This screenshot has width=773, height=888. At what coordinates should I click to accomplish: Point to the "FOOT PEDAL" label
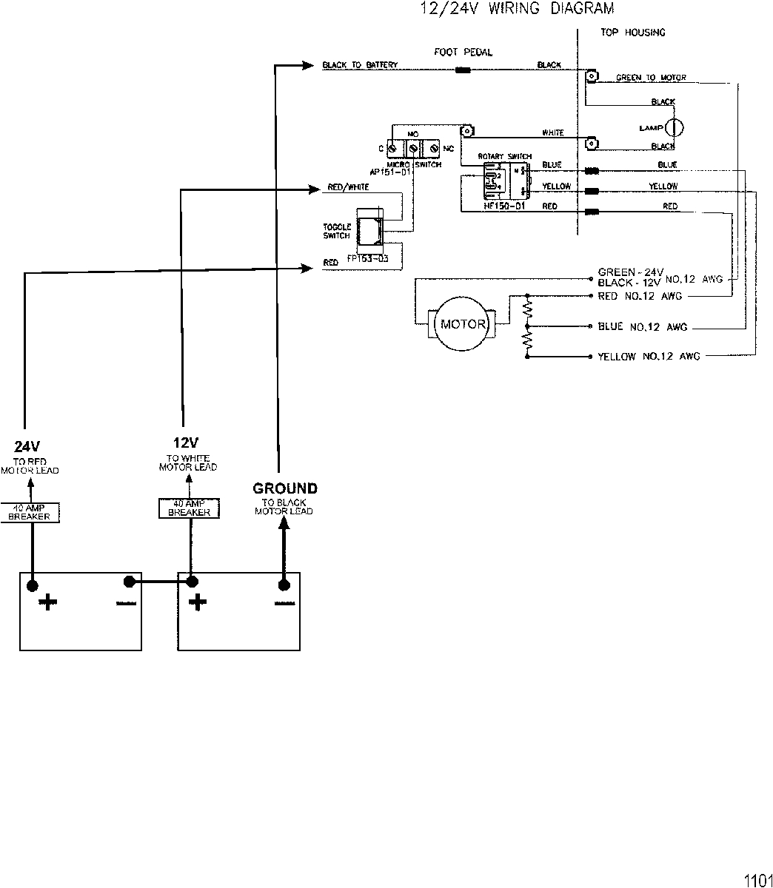click(x=463, y=53)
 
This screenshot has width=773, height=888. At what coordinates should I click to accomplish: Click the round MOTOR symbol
click(x=464, y=324)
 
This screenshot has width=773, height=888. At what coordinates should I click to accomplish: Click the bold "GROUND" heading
click(x=285, y=488)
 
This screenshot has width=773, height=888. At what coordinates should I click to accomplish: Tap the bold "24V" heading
click(x=27, y=446)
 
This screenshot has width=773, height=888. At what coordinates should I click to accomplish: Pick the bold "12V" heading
click(x=186, y=443)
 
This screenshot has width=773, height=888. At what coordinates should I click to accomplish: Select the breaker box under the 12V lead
click(x=189, y=508)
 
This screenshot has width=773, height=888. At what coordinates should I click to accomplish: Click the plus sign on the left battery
click(x=48, y=602)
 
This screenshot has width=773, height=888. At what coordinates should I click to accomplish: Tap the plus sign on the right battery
click(x=197, y=602)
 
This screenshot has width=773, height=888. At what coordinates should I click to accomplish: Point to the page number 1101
click(x=757, y=881)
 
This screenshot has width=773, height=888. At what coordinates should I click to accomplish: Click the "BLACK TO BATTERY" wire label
click(x=360, y=65)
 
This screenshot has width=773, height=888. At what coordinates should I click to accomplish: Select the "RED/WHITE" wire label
click(x=348, y=188)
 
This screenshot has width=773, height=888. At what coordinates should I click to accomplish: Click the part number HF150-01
click(x=503, y=206)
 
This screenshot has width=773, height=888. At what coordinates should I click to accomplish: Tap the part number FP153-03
click(x=367, y=259)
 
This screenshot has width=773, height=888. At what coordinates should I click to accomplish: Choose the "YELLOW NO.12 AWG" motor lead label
click(x=649, y=357)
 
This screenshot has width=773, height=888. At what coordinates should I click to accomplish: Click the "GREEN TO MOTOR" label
click(x=651, y=78)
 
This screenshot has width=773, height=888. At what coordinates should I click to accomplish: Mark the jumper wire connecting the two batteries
click(x=160, y=582)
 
